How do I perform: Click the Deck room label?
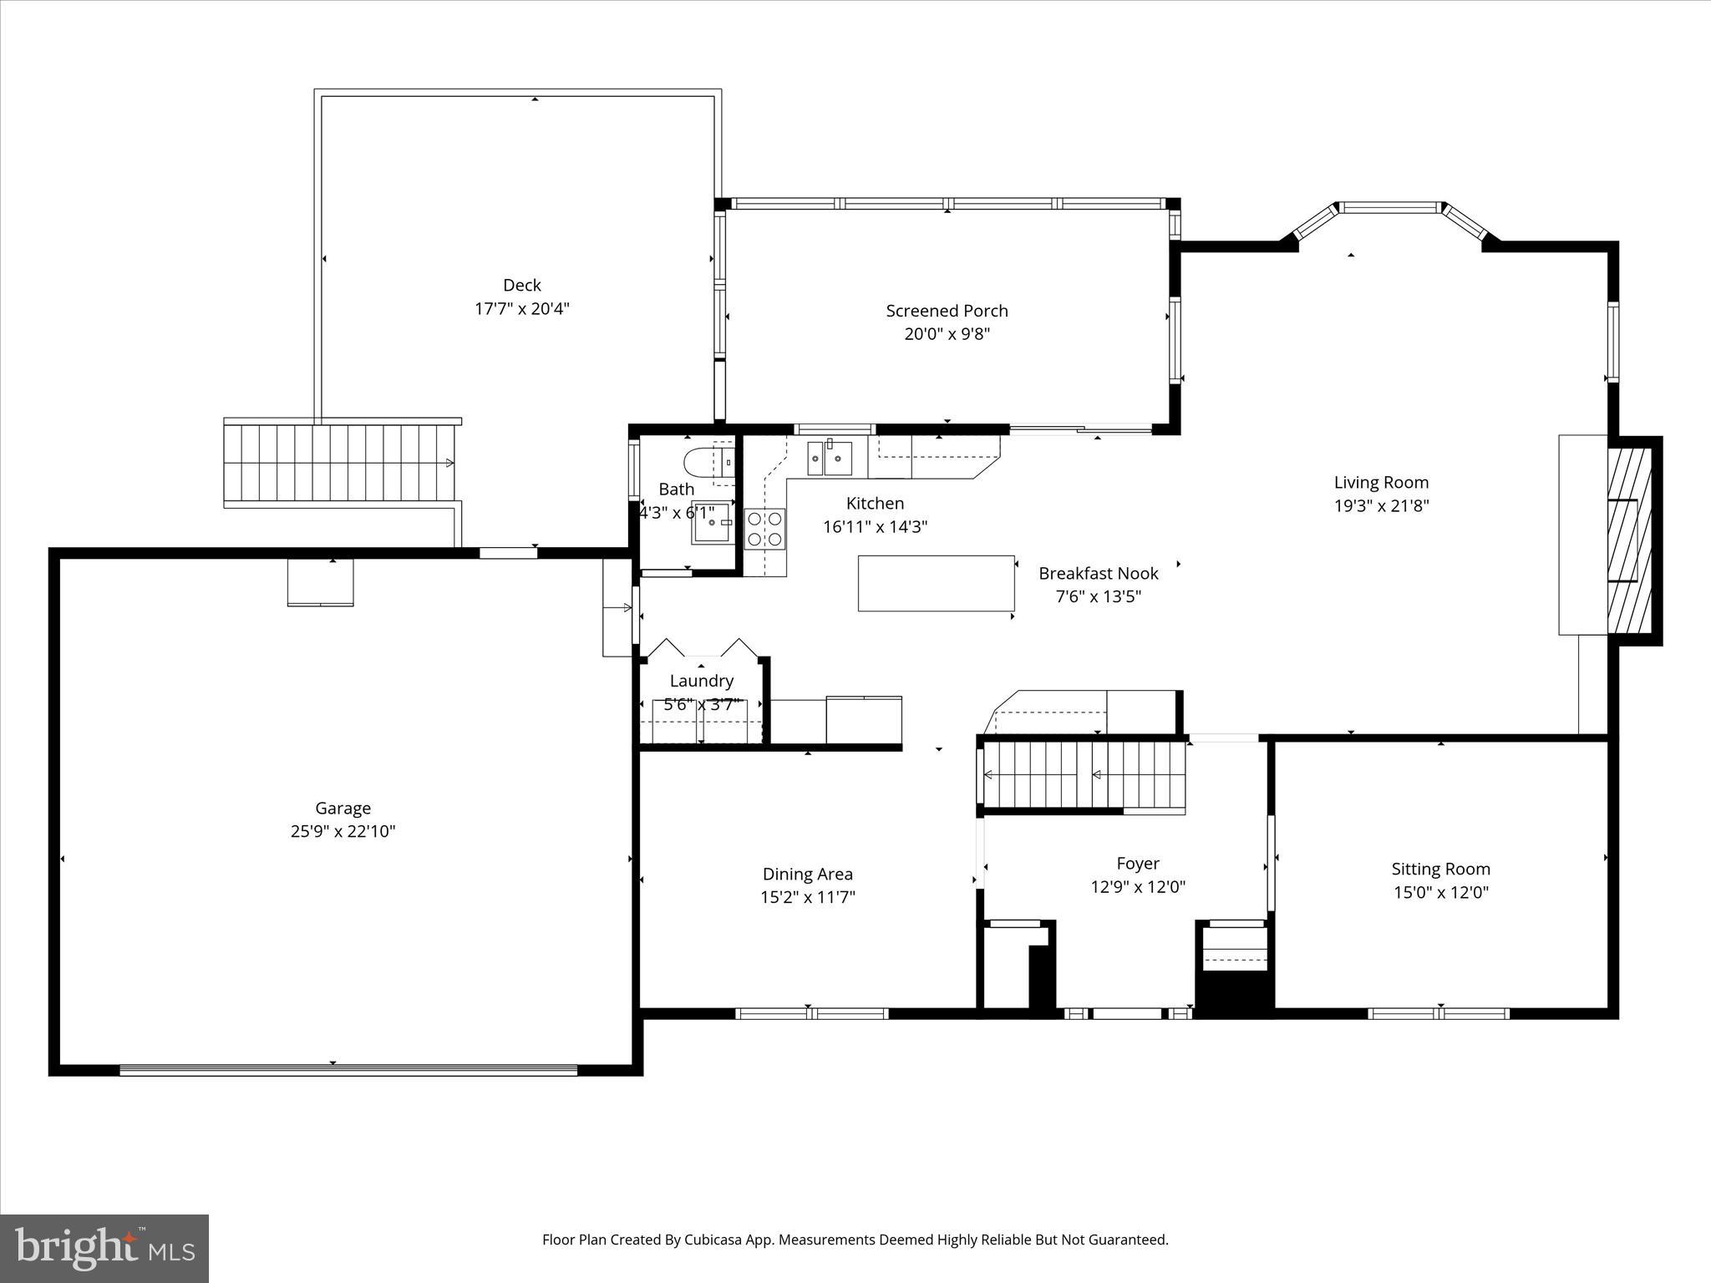pos(521,285)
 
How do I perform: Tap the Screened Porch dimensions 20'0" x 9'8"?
pos(947,334)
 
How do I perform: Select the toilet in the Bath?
pos(706,461)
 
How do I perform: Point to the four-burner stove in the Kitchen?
pos(764,529)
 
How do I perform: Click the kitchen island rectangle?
pos(936,583)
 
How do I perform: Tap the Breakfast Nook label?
pos(1098,573)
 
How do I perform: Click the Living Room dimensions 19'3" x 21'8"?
pos(1381,505)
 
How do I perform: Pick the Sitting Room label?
pos(1440,869)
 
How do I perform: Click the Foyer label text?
pos(1137,863)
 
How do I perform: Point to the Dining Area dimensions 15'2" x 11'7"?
pos(807,897)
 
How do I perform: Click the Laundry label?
pos(701,681)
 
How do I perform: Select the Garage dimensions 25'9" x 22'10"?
pos(343,831)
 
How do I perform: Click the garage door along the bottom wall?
pos(348,1070)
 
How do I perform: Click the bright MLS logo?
pos(104,1249)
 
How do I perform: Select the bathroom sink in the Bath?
pos(712,524)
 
